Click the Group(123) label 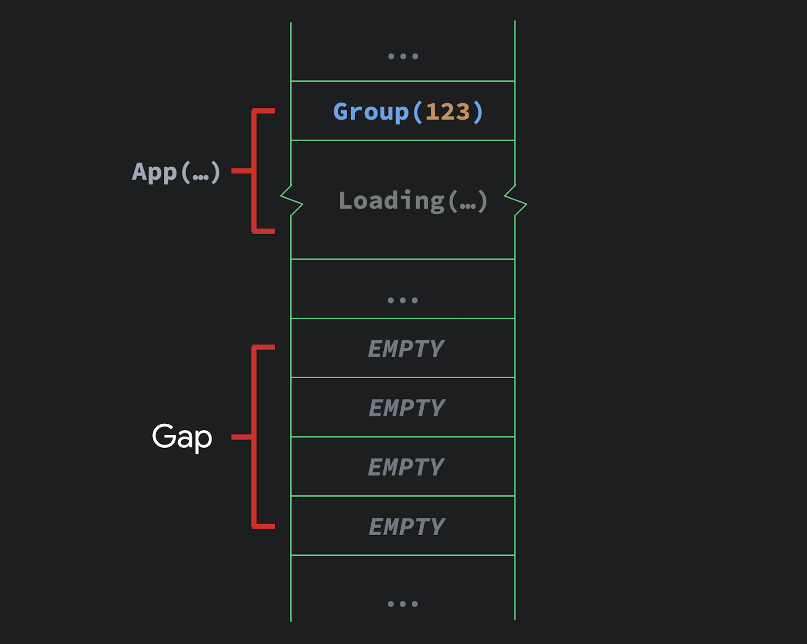point(408,112)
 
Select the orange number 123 point(447,112)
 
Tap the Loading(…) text point(413,201)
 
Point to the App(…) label point(176,172)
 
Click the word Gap point(182,437)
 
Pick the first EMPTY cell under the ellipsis point(403,348)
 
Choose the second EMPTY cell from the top point(403,408)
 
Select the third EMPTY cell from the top point(403,466)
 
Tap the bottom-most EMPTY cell point(403,526)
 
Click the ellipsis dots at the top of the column point(403,57)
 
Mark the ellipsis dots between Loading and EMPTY point(403,300)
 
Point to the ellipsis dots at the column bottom point(403,604)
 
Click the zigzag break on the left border point(292,200)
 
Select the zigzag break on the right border point(516,200)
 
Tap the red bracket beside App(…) point(254,171)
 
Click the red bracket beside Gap point(254,437)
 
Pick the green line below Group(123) point(403,141)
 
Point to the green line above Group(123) point(403,81)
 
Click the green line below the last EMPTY point(403,555)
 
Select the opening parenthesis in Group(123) point(417,112)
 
